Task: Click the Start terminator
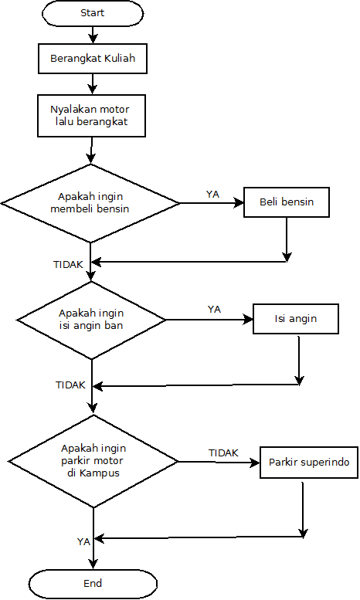93,13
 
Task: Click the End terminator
93,583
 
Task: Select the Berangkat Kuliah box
93,59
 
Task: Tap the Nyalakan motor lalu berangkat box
93,115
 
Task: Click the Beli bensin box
287,202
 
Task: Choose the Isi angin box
296,318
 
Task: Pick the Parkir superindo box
309,463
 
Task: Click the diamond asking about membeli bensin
90,203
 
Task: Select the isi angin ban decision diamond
92,319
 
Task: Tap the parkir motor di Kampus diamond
93,462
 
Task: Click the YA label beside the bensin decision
212,194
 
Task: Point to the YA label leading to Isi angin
214,309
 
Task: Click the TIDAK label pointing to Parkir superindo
223,453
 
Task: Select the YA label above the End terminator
83,541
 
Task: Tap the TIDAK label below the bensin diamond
68,264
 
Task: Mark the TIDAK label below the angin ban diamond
70,385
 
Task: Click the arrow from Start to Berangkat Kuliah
93,34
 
